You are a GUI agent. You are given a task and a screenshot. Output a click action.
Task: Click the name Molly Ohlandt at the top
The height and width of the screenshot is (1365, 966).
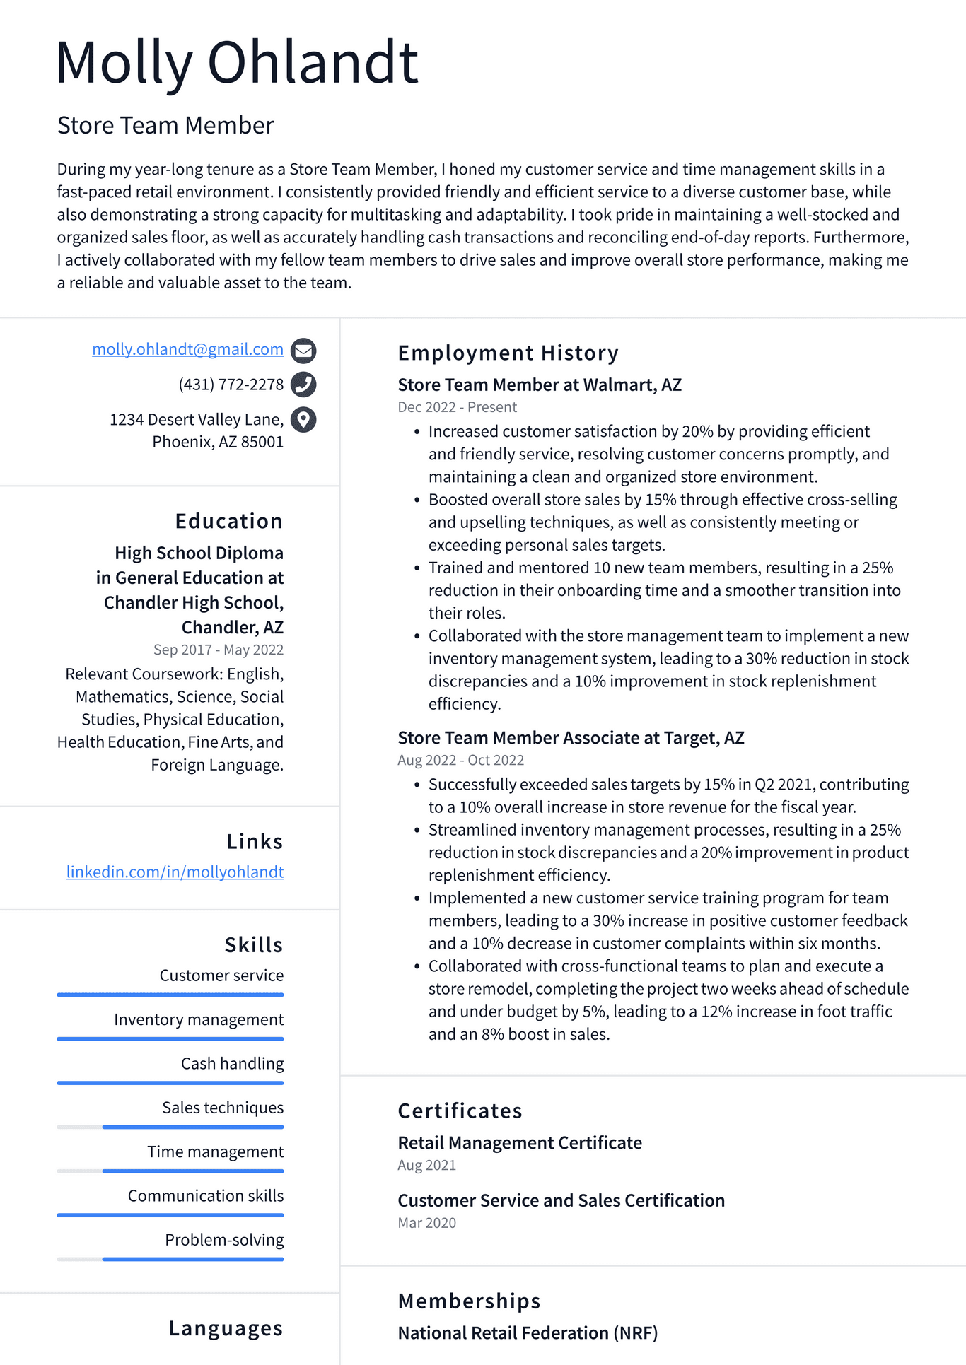coord(237,64)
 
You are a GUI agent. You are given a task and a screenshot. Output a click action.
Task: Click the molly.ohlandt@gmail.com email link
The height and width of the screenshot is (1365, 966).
coord(187,349)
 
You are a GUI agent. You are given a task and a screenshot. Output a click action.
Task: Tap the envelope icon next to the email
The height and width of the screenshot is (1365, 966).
coord(303,351)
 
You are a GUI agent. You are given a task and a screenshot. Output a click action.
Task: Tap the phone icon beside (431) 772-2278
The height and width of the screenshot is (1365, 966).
coord(303,385)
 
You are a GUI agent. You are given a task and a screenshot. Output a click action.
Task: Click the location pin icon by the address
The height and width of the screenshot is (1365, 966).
coord(303,420)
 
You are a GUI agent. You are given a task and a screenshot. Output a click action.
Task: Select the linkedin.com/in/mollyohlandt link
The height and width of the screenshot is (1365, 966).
coord(175,872)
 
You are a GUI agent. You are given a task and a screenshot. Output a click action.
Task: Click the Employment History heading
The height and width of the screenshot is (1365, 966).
coord(508,353)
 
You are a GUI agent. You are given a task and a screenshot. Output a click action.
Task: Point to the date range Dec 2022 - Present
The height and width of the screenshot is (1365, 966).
coord(457,407)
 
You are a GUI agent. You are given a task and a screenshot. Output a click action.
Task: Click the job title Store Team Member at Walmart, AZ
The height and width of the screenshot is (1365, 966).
coord(539,385)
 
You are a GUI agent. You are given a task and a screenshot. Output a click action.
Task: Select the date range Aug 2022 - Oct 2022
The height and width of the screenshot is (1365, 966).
coord(460,760)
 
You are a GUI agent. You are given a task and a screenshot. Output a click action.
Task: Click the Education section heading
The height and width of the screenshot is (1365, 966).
coord(228,521)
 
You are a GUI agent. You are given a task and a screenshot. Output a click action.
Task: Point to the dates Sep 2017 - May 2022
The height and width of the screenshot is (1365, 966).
coord(218,650)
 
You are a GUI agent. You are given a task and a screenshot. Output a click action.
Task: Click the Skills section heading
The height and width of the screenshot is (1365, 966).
coord(253,944)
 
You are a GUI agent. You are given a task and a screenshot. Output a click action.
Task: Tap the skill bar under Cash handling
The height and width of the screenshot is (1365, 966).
coord(170,1082)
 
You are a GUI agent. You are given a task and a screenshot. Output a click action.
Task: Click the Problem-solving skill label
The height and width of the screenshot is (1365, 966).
coord(224,1240)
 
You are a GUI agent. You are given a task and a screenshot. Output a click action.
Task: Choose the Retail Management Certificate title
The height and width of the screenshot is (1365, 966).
coord(519,1143)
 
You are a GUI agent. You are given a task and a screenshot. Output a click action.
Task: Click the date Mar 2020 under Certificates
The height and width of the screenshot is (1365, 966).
coord(426,1223)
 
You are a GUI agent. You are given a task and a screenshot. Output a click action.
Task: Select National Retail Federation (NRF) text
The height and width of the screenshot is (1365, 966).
coord(528,1333)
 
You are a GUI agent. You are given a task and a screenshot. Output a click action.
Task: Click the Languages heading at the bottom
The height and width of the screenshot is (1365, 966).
coord(226,1328)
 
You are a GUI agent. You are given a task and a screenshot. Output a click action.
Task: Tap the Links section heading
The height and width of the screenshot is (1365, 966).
coord(254,841)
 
